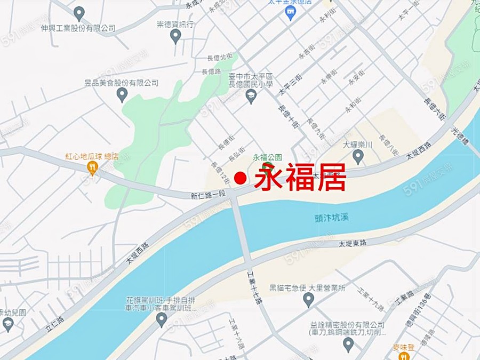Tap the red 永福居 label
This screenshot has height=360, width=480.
300,177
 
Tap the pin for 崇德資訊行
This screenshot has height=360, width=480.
175,36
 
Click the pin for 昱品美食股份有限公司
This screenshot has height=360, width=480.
122,94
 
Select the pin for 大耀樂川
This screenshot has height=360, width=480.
358,156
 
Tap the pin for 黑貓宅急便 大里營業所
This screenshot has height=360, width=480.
308,299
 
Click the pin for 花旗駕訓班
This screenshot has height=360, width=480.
162,319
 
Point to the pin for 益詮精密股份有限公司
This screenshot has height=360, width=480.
348,343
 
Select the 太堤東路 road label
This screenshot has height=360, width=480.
353,244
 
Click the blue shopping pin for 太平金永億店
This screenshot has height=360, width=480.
291,12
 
